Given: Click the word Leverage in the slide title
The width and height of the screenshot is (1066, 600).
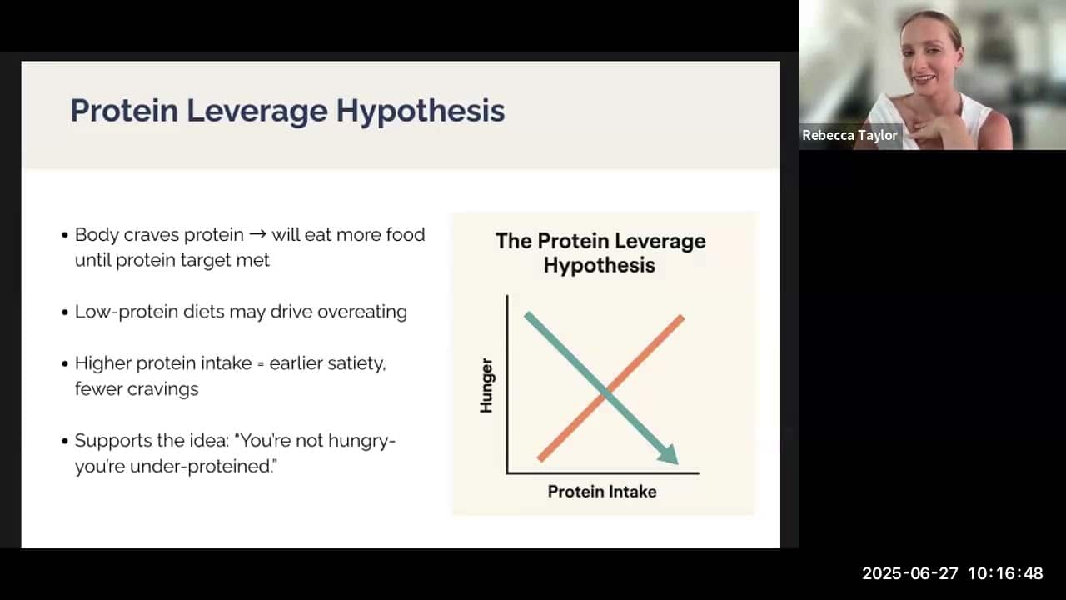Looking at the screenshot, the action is (257, 112).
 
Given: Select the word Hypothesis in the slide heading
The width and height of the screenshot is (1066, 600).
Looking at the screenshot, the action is (421, 112).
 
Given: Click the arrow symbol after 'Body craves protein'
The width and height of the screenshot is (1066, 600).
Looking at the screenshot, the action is (258, 234).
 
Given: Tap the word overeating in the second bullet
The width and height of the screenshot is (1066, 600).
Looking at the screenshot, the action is (362, 312).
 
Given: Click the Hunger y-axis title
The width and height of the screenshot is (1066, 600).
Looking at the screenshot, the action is (486, 386).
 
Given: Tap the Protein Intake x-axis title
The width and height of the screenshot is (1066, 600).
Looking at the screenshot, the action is (602, 492).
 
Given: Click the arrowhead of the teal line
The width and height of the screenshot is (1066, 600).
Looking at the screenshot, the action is (670, 456).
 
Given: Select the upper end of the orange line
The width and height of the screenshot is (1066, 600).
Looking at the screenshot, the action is (681, 317).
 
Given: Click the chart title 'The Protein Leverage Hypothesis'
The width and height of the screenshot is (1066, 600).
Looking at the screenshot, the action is (600, 252).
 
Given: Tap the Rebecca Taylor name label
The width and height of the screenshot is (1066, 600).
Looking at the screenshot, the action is (849, 135).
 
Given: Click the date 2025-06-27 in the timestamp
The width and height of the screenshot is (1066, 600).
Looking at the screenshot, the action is (910, 573).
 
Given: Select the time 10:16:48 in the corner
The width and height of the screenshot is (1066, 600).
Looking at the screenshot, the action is (1005, 573).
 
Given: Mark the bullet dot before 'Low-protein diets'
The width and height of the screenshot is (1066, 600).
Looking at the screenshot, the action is (65, 312).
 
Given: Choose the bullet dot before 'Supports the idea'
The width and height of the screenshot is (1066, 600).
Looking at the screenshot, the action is (65, 442).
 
